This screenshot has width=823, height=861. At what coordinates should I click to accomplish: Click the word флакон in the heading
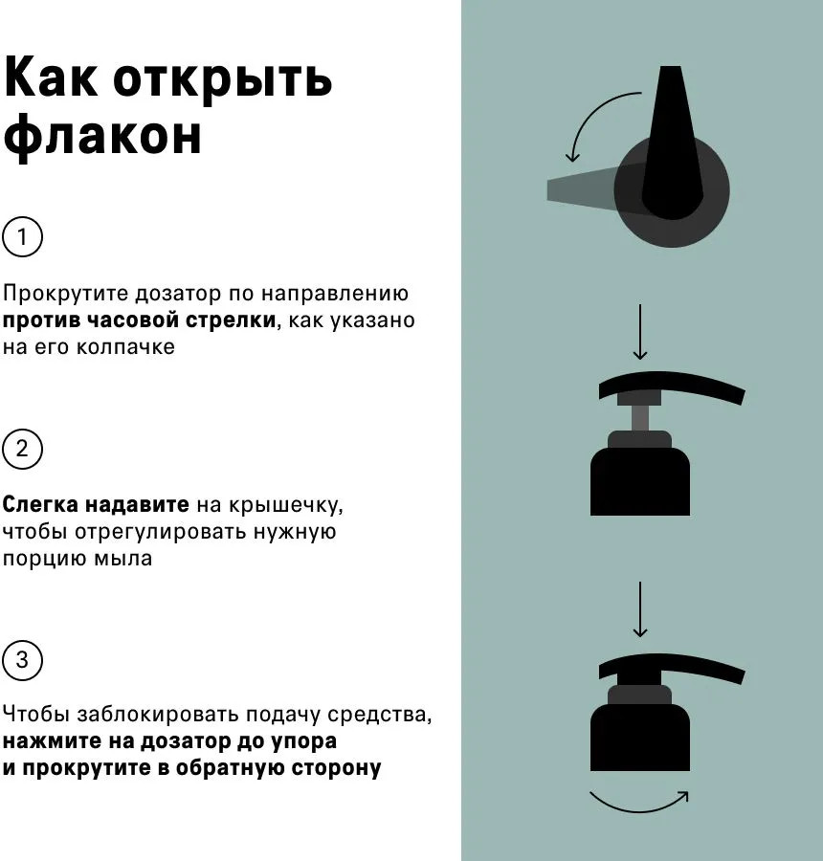(102, 136)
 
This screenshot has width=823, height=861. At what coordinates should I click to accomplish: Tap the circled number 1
(22, 236)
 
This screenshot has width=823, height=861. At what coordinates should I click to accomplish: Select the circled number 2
(22, 449)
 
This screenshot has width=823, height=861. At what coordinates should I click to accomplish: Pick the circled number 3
(22, 660)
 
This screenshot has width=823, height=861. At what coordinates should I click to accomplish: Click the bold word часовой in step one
(132, 320)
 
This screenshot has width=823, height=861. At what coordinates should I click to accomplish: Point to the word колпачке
(125, 347)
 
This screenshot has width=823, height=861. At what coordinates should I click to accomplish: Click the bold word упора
(303, 741)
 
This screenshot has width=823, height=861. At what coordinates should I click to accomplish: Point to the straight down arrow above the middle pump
(640, 332)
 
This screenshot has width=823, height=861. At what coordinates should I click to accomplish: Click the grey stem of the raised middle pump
(639, 418)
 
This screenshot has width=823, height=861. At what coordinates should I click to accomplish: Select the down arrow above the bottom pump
(640, 609)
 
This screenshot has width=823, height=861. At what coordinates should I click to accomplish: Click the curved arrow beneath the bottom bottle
(639, 810)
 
